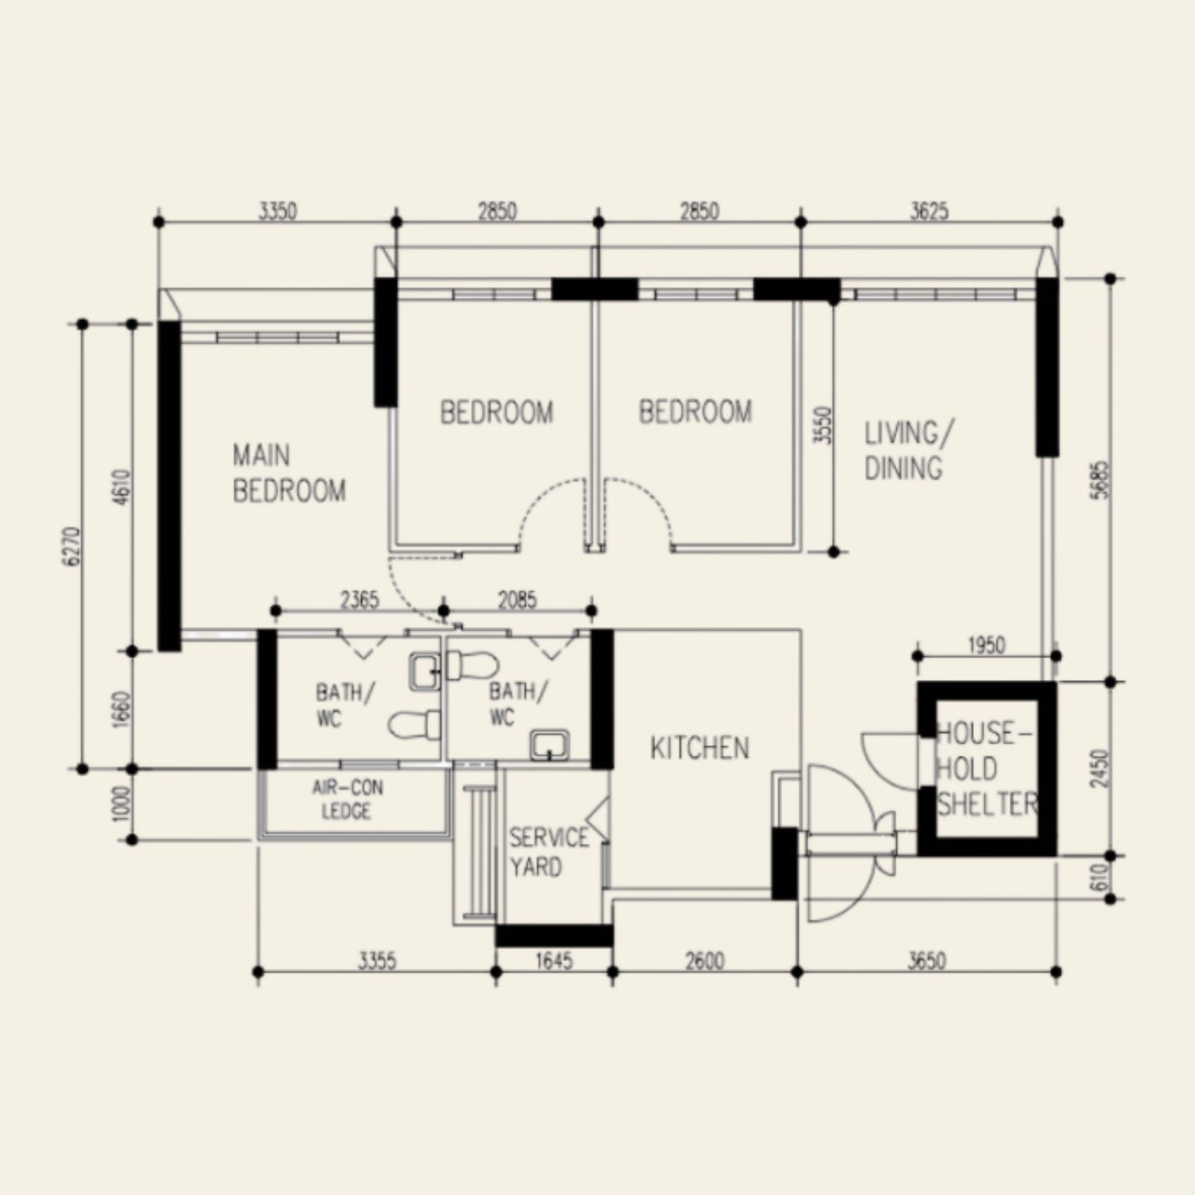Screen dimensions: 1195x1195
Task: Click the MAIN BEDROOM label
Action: click(288, 473)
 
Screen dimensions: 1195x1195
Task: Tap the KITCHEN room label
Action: click(699, 748)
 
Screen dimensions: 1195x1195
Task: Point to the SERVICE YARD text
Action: click(549, 852)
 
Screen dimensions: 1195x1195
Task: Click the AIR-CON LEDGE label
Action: click(347, 799)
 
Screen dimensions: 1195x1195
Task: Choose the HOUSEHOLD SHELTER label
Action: click(986, 769)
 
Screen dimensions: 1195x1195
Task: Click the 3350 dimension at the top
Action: click(277, 211)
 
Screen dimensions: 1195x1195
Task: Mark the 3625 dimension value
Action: click(929, 211)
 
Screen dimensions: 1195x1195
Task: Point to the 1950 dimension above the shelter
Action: click(985, 645)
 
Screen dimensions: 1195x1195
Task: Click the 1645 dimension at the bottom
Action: click(553, 961)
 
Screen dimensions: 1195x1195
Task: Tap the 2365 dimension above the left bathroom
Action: click(359, 600)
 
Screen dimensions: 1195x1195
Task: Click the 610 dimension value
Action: click(1100, 877)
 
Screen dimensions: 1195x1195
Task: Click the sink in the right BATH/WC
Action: click(550, 746)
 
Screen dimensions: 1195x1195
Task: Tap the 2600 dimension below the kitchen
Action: click(704, 961)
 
